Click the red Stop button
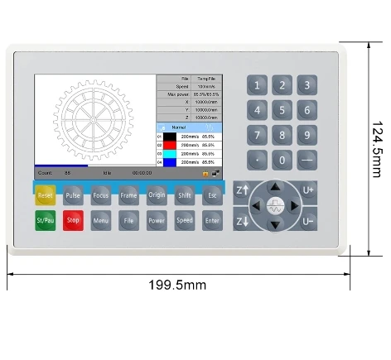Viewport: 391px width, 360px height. click(73, 221)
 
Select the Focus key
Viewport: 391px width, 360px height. click(101, 196)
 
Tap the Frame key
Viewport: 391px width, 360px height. click(128, 196)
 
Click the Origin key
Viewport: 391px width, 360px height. click(157, 196)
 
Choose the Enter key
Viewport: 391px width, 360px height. click(212, 221)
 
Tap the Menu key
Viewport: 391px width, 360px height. click(101, 221)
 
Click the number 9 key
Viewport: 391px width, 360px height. click(307, 135)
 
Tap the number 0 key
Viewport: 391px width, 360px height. click(282, 161)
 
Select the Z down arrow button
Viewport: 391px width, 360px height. click(243, 222)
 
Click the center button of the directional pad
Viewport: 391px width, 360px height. click(275, 205)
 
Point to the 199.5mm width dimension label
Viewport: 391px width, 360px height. click(177, 285)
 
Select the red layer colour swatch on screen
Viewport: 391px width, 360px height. click(170, 144)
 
